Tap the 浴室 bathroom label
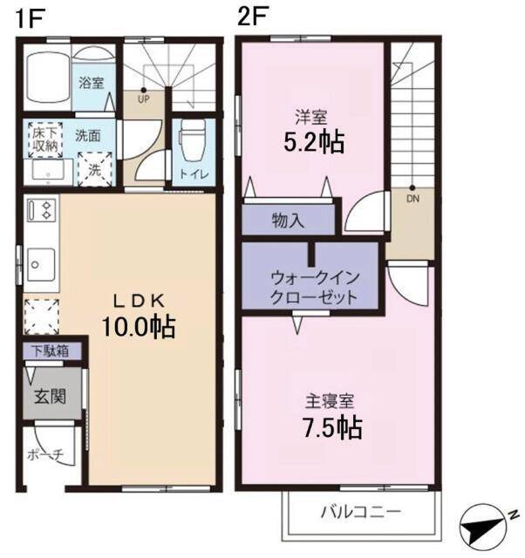pyautogui.click(x=92, y=84)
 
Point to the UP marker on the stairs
pyautogui.click(x=143, y=98)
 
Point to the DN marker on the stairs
pyautogui.click(x=411, y=197)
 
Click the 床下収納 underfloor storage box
pyautogui.click(x=45, y=139)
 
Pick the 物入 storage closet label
pyautogui.click(x=289, y=220)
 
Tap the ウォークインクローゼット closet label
pyautogui.click(x=313, y=287)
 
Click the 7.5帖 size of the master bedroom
pyautogui.click(x=333, y=427)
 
